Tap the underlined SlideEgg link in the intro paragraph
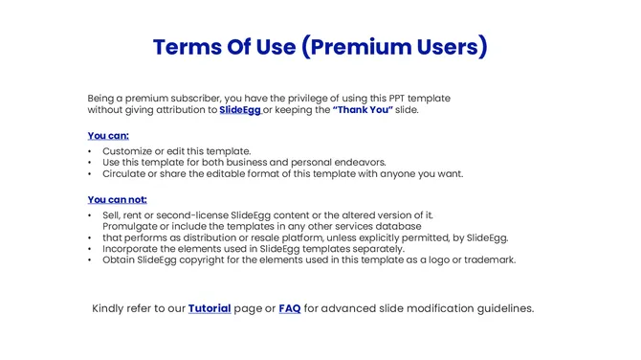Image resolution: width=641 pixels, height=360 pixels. pos(240,110)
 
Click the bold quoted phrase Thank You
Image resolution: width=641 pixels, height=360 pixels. pos(363,110)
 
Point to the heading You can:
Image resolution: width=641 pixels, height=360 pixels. pos(108,136)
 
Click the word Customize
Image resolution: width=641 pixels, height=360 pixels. pos(129,151)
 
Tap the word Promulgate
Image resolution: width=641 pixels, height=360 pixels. pos(134,226)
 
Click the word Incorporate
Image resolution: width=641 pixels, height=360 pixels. pos(133,248)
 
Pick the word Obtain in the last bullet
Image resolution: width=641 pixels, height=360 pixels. pos(120,259)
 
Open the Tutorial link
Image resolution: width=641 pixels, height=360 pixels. pos(210,308)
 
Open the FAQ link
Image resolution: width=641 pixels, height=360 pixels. pos(289,308)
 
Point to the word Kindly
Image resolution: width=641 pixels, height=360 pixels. pos(110,308)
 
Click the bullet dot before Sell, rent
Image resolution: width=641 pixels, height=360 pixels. pos(90,215)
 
